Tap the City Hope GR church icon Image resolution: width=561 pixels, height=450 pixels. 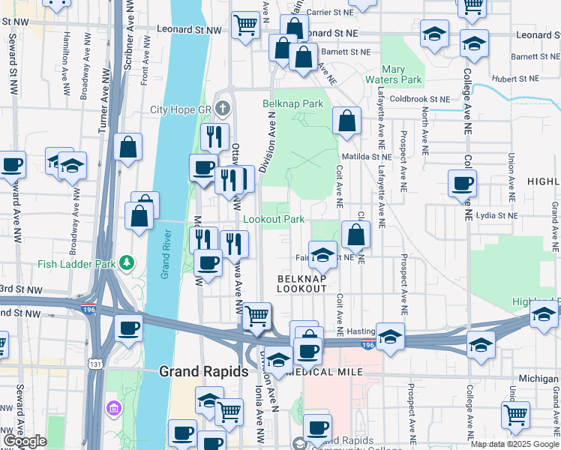pyautogui.click(x=222, y=109)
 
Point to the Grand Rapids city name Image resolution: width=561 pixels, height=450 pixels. pyautogui.click(x=204, y=371)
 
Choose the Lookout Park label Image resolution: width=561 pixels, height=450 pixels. pyautogui.click(x=274, y=219)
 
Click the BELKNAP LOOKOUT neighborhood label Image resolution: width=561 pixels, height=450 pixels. pyautogui.click(x=301, y=283)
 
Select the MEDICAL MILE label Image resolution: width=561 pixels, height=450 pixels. pyautogui.click(x=325, y=373)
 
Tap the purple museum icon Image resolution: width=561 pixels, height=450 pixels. pyautogui.click(x=114, y=409)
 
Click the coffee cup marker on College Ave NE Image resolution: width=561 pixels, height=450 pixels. pyautogui.click(x=462, y=182)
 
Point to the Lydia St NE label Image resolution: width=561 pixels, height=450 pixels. pyautogui.click(x=498, y=215)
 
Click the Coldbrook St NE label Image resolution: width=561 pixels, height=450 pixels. pyautogui.click(x=419, y=98)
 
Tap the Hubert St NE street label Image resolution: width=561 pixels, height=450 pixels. pyautogui.click(x=515, y=79)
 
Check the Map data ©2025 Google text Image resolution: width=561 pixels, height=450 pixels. pyautogui.click(x=514, y=444)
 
